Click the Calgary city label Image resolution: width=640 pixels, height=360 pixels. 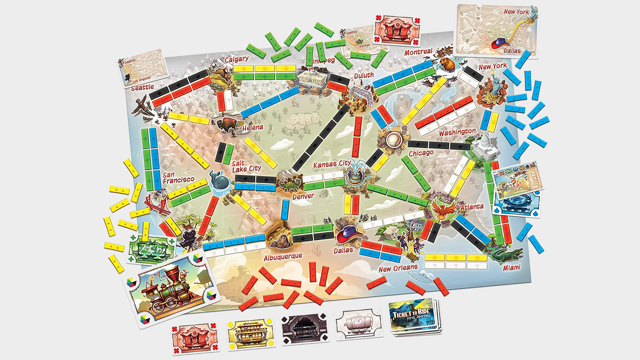click(x=236, y=59)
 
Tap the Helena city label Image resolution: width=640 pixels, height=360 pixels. click(x=253, y=127)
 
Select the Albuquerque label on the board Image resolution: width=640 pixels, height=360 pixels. click(x=283, y=257)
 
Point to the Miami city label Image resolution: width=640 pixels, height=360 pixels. click(x=512, y=267)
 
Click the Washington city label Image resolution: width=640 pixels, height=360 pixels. click(x=457, y=132)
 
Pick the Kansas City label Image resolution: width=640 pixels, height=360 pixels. click(x=332, y=164)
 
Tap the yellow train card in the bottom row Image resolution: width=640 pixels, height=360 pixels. click(x=250, y=334)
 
